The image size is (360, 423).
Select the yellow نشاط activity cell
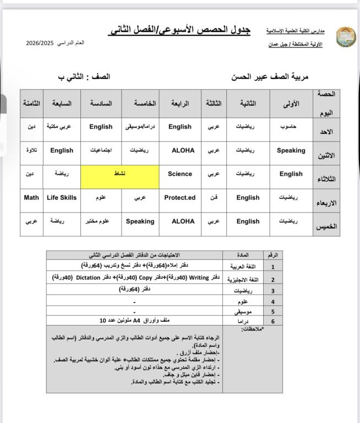pos(120,174)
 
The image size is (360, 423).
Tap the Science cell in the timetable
pos(180,174)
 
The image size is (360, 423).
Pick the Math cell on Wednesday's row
pos(31,198)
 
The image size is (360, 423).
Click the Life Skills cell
pos(62,198)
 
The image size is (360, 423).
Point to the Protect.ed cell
pos(180,198)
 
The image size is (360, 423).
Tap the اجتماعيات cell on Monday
pos(101,150)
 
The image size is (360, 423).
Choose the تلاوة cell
pos(31,150)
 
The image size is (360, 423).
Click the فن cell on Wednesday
pos(214,198)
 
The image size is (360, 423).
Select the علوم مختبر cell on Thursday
pos(101,221)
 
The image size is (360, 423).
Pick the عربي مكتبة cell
pos(62,127)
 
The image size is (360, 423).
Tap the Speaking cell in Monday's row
pos(291,150)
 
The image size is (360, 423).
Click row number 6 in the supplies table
pos(272,320)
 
